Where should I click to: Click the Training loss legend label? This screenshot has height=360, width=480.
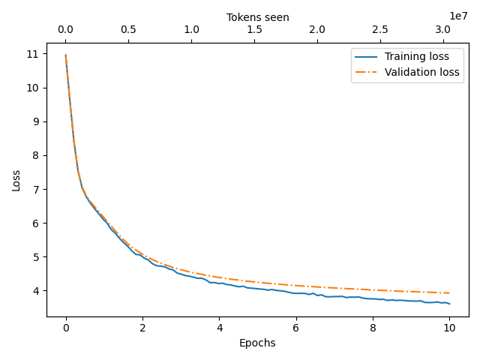coord(417,56)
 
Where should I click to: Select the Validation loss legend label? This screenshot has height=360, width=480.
coord(423,72)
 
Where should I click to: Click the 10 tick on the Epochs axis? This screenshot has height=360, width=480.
coord(449,328)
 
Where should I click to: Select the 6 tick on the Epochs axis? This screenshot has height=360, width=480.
coord(295,328)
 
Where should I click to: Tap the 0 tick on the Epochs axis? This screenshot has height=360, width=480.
coord(66,328)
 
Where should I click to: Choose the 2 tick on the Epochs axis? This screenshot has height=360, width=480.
coord(142,328)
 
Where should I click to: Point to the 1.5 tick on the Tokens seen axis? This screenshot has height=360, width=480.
coord(254,30)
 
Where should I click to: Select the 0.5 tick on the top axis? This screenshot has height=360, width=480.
coord(128,30)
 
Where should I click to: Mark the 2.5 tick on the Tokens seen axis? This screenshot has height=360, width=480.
coord(380,30)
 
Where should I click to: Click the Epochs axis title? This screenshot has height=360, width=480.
coord(257,343)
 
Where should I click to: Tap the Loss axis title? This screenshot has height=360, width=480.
coord(16,180)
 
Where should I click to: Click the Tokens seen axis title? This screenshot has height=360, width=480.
coord(257,17)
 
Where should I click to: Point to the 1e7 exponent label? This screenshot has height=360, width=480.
coord(458,16)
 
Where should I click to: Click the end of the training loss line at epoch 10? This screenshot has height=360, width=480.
coord(449,304)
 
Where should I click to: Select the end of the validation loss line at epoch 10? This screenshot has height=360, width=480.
coord(449,293)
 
